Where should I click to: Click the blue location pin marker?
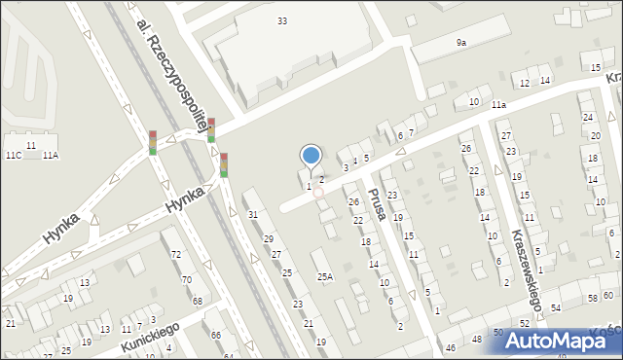coord(311,156)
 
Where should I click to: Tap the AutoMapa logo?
coord(563,341)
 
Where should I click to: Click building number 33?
coord(282,20)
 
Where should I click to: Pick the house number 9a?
coord(461,43)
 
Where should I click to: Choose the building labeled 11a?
coord(498,104)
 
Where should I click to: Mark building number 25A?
coord(325,277)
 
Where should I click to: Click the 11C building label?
coord(14,156)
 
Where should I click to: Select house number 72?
coord(176,255)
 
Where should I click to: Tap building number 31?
coord(253,215)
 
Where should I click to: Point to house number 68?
coord(197,301)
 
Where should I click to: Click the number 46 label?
coord(450,348)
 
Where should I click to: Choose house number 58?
coord(593,298)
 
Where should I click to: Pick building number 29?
coord(269,239)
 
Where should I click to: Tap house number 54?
coord(556,308)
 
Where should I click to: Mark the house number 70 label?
coord(186,279)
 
